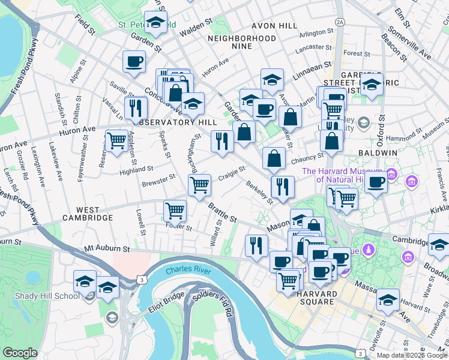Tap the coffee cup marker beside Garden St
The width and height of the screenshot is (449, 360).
[133, 61]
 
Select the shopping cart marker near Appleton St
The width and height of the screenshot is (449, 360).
[116, 140]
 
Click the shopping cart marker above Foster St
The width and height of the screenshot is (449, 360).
[175, 211]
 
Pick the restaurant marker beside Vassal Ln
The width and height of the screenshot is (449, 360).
[137, 107]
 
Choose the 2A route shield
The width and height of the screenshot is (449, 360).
[340, 22]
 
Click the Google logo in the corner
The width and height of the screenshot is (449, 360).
[19, 353]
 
